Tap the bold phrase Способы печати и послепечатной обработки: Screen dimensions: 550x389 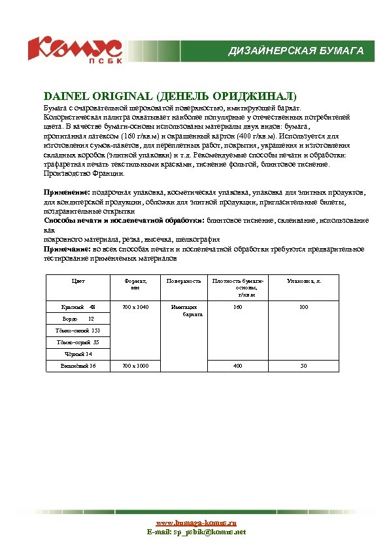[x=124, y=221]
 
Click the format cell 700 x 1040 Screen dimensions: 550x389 [x=135, y=306]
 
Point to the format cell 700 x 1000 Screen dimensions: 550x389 [x=135, y=366]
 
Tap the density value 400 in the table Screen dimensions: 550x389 [x=238, y=366]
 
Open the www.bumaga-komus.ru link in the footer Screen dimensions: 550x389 [x=196, y=523]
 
